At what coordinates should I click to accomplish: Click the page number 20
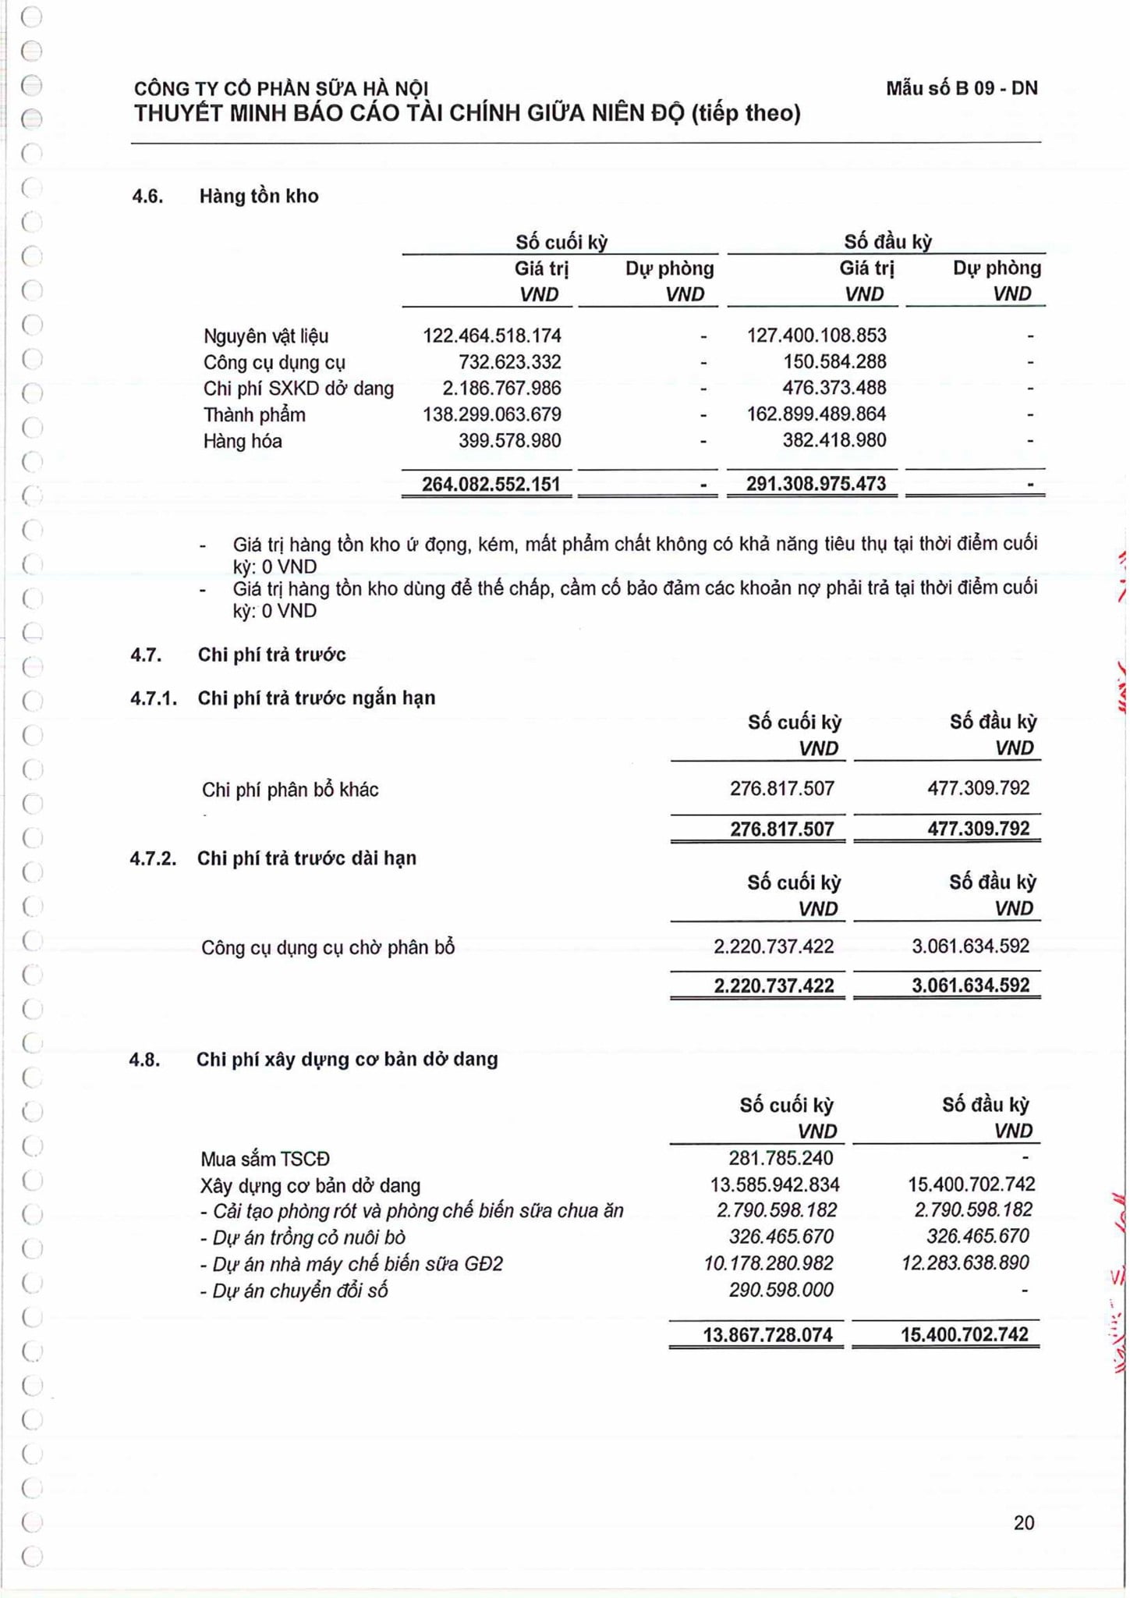coord(1023,1522)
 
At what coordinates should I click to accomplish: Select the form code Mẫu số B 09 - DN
coord(961,88)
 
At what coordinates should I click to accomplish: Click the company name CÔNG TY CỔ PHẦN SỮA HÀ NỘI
coord(281,89)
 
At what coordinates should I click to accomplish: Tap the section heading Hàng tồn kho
coord(259,196)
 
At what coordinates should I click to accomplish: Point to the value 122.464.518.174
coord(491,336)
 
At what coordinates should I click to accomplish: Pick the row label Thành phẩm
coord(254,415)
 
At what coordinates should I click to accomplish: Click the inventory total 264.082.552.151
coord(491,484)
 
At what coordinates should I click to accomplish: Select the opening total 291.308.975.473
coord(816,484)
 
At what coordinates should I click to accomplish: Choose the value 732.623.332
coord(509,362)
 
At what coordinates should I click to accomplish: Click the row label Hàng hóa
coord(243,442)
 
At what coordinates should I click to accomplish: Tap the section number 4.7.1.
coord(154,698)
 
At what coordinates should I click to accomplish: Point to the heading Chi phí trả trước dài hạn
coord(306,858)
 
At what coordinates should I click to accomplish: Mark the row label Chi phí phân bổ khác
coord(290,790)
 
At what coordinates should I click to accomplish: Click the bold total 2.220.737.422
coord(774,985)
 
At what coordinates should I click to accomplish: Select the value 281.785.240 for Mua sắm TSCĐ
coord(781,1158)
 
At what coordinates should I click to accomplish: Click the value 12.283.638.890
coord(965,1262)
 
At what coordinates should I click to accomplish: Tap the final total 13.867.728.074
coord(767,1334)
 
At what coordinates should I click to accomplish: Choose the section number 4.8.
coord(145,1060)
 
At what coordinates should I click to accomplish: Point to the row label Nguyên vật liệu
coord(266,336)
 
